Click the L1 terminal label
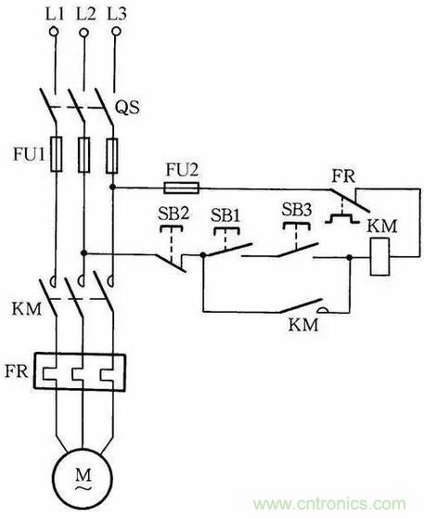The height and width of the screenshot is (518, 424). pyautogui.click(x=54, y=15)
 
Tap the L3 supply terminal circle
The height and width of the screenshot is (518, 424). pyautogui.click(x=116, y=32)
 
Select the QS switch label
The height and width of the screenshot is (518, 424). pyautogui.click(x=127, y=107)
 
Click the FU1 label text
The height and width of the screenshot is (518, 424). pyautogui.click(x=29, y=153)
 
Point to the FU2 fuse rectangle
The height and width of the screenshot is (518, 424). pyautogui.click(x=181, y=188)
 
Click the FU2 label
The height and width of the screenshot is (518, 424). pyautogui.click(x=182, y=171)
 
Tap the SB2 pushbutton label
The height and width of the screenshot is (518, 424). pyautogui.click(x=173, y=214)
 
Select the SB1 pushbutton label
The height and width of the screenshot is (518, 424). pyautogui.click(x=225, y=215)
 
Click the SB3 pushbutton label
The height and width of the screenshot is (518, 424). pyautogui.click(x=297, y=210)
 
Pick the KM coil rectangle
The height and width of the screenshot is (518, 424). pyautogui.click(x=379, y=256)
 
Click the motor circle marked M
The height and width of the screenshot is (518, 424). pyautogui.click(x=83, y=478)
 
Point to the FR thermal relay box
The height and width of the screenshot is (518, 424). pyautogui.click(x=80, y=372)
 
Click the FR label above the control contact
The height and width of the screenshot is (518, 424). pyautogui.click(x=343, y=176)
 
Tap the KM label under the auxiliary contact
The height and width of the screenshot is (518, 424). pyautogui.click(x=303, y=325)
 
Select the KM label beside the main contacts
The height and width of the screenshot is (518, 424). pyautogui.click(x=27, y=309)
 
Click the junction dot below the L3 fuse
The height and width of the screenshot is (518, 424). pyautogui.click(x=112, y=188)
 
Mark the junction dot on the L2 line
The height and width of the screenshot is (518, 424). pyautogui.click(x=84, y=253)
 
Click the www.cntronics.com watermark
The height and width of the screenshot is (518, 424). pyautogui.click(x=329, y=503)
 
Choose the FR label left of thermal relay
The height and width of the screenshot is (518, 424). pyautogui.click(x=16, y=371)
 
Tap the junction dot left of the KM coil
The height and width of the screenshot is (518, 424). pyautogui.click(x=350, y=257)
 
